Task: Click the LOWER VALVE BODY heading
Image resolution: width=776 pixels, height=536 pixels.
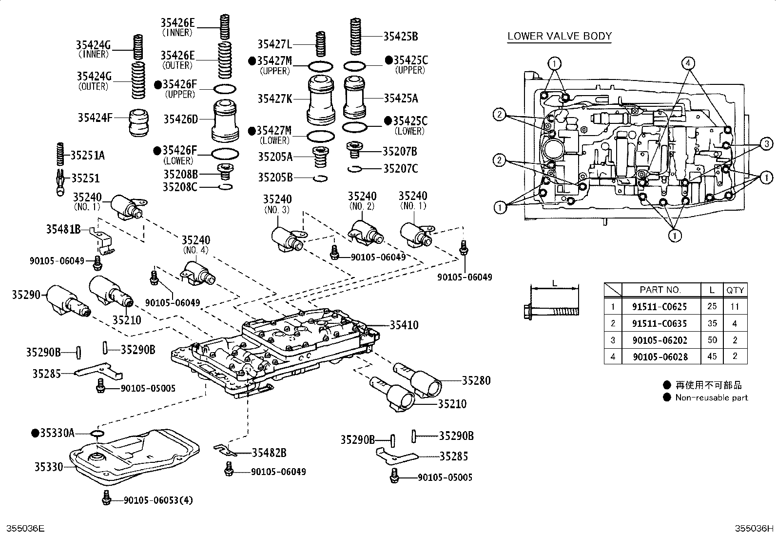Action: coord(559,36)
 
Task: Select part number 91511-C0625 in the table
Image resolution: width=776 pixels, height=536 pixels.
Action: coord(660,307)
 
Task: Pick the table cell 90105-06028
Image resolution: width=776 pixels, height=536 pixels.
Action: coord(660,357)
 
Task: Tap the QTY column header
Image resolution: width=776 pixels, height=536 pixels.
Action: coord(735,290)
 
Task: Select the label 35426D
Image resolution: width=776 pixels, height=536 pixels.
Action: coord(180,119)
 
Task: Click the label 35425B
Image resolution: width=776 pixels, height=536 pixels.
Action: coord(400,36)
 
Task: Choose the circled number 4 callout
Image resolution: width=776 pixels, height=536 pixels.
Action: coord(688,63)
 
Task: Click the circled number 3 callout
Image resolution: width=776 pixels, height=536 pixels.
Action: coord(766,143)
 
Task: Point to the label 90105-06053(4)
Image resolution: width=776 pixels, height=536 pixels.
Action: coord(158,500)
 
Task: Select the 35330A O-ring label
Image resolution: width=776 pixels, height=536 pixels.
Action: coord(57,433)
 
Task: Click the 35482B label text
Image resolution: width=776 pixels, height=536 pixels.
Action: coord(269,453)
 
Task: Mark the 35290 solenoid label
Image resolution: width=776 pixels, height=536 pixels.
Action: coord(25,295)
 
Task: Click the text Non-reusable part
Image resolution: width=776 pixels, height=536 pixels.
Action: coord(711,397)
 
